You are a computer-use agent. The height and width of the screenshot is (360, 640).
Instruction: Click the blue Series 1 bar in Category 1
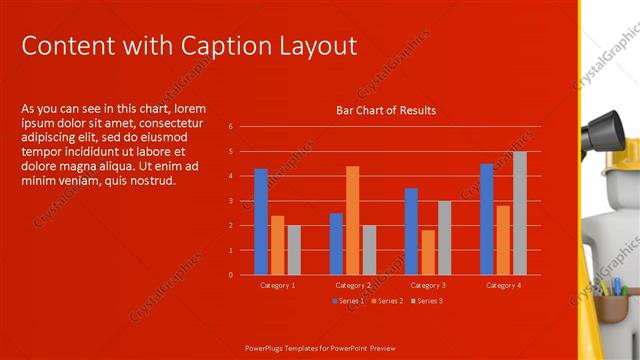pyautogui.click(x=261, y=221)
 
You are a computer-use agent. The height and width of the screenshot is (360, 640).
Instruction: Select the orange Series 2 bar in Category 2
pyautogui.click(x=352, y=220)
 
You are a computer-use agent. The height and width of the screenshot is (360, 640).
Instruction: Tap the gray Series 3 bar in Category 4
pyautogui.click(x=519, y=213)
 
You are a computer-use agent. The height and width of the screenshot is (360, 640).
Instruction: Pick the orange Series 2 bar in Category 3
pyautogui.click(x=428, y=252)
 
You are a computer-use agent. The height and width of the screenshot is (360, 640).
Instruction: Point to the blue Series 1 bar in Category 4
pyautogui.click(x=486, y=219)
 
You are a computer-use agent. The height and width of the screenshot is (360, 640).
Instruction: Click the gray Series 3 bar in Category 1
pyautogui.click(x=293, y=250)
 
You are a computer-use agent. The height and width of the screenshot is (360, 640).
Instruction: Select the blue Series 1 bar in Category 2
pyautogui.click(x=336, y=243)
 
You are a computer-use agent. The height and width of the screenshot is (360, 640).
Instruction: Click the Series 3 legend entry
pyautogui.click(x=426, y=301)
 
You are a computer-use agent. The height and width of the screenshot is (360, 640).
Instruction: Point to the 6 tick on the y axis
pyautogui.click(x=230, y=127)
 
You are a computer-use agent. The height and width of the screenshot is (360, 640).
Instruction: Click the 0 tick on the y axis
pyautogui.click(x=230, y=274)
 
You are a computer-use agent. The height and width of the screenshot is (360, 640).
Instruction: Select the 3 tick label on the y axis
pyautogui.click(x=230, y=201)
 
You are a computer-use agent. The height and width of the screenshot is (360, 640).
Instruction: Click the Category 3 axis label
pyautogui.click(x=428, y=286)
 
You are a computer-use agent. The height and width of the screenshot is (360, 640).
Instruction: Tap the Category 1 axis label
pyautogui.click(x=277, y=286)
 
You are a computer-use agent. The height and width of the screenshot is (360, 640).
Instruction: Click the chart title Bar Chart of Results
pyautogui.click(x=385, y=110)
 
